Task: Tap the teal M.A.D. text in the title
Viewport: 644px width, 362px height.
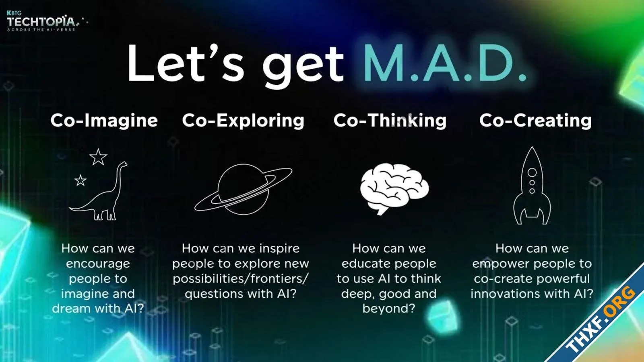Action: pos(445,64)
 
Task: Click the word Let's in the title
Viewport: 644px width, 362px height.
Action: pos(186,63)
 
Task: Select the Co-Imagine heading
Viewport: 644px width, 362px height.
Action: pos(104,120)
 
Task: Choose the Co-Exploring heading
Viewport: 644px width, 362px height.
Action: pos(243,120)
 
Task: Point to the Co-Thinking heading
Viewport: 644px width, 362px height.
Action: pos(390,120)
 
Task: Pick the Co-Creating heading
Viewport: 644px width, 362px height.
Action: pos(536,120)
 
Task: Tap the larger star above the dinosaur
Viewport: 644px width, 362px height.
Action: pos(98,157)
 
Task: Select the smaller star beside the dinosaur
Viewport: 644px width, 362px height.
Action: pos(80,180)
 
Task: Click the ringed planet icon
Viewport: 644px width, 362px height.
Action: pos(243,190)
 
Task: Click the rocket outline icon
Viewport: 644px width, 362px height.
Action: pos(532,186)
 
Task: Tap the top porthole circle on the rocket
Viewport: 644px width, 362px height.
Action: pos(532,172)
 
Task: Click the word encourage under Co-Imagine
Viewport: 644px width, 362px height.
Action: pos(98,264)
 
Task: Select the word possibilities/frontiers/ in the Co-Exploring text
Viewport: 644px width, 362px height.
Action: pos(241,279)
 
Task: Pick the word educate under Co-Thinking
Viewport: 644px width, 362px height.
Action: pos(361,264)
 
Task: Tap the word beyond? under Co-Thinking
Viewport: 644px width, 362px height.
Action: pos(389,309)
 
